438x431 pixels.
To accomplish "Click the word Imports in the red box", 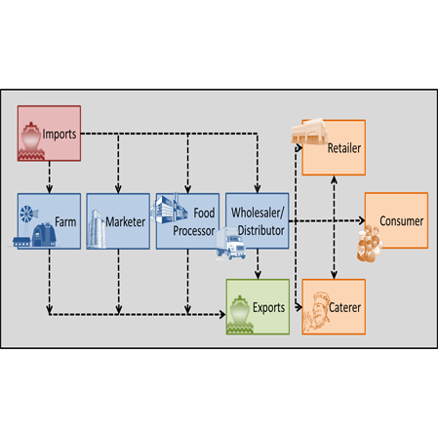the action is [60, 134].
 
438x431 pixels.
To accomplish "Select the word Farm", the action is [65, 222].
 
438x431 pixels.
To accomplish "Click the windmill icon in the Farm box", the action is [28, 215].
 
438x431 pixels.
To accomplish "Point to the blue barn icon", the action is [44, 235].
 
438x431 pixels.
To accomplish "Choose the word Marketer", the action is [125, 222].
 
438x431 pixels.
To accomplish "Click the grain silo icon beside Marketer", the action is [96, 229].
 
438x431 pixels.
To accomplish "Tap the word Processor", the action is [194, 231].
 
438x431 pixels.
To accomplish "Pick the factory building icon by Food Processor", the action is [169, 208].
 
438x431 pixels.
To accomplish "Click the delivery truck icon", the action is [231, 244].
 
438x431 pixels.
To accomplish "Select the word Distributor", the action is [261, 230].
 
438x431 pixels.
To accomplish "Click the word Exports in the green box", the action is [268, 307].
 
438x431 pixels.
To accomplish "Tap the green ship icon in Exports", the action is [240, 315].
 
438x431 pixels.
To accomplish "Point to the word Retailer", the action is [344, 148].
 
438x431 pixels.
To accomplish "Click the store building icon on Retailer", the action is [309, 132].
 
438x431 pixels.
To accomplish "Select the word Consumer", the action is [402, 221].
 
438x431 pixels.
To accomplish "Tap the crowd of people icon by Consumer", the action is [370, 244].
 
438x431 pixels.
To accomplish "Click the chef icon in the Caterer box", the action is [316, 311].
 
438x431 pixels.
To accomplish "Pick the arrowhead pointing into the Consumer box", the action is [362, 220].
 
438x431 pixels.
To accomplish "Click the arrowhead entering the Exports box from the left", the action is [222, 314].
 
